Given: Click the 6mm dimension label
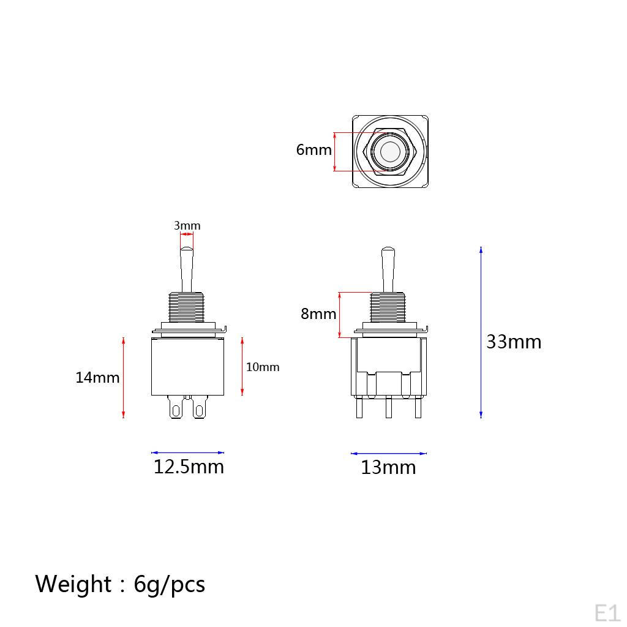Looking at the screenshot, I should point(313,149).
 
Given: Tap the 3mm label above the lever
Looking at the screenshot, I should point(187,226).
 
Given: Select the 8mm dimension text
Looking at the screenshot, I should point(318,314).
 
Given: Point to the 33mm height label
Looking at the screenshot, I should point(514,342).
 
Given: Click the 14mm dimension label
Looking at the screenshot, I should point(97,377).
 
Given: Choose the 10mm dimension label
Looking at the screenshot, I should point(263,367).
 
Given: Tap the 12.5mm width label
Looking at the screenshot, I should point(189,467).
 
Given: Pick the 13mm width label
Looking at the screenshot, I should point(388,468).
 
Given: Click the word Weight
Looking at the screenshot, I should point(73,584).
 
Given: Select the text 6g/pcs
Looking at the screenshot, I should point(170,585).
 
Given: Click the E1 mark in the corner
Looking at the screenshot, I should point(607,612).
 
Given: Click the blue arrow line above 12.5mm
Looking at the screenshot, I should point(187,452).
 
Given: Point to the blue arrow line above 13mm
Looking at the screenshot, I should point(388,454).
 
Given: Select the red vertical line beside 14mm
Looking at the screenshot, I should point(124,377).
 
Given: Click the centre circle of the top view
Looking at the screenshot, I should point(389,151).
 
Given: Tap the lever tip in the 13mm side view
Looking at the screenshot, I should point(388,252).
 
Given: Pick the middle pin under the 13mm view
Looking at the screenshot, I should point(388,408).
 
